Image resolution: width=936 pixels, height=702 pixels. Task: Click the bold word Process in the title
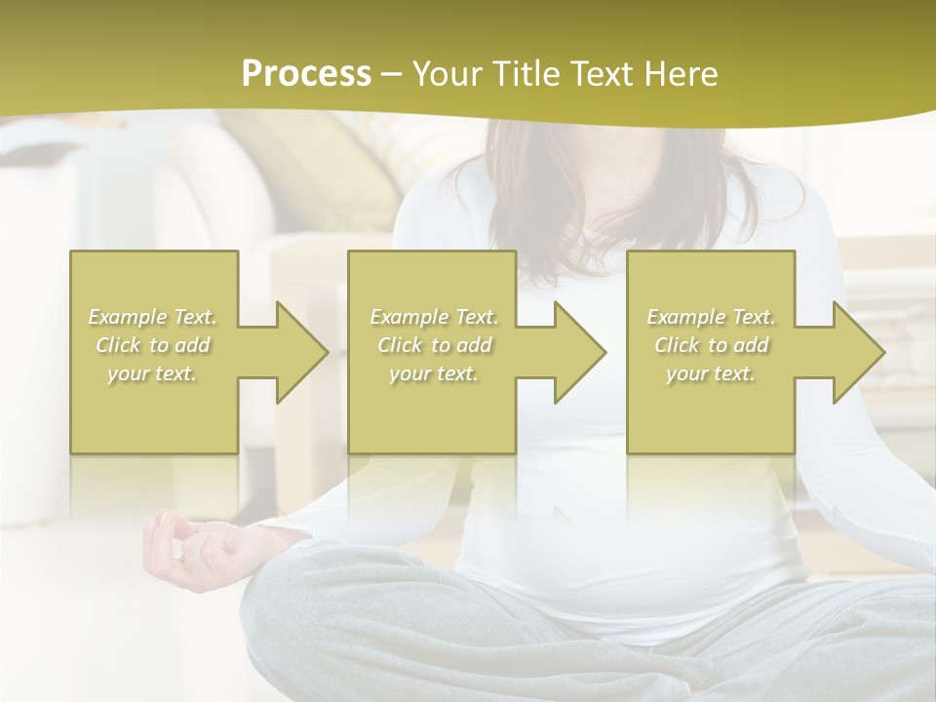tap(306, 74)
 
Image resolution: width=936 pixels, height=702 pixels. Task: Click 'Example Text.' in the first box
tap(153, 317)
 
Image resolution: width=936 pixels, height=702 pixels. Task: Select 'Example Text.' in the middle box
tap(434, 317)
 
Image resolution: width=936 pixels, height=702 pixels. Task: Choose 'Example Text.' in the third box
tap(711, 317)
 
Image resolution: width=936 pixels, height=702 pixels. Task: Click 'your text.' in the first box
tap(153, 373)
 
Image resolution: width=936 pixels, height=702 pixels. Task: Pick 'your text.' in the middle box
tap(434, 373)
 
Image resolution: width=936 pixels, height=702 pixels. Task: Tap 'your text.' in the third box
tap(711, 373)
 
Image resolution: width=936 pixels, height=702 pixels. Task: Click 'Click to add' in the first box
tap(153, 345)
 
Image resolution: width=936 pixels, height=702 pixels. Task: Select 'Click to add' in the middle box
tap(434, 345)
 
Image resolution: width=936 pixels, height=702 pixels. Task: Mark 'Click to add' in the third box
tap(711, 345)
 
